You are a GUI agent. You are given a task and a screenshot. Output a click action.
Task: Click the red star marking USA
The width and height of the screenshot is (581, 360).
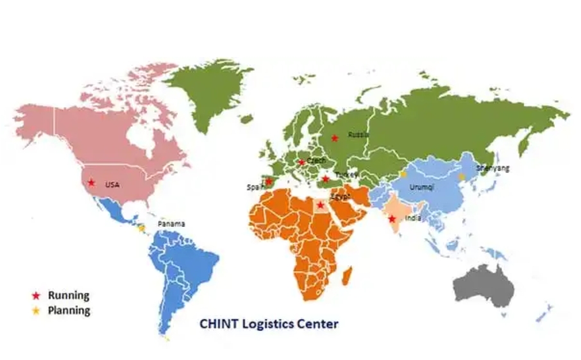pyautogui.click(x=92, y=183)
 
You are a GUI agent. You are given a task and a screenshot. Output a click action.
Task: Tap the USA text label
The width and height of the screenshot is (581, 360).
pyautogui.click(x=112, y=185)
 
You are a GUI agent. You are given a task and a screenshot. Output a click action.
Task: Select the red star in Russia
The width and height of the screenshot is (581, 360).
pyautogui.click(x=335, y=138)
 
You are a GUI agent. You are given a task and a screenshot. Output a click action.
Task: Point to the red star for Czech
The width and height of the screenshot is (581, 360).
pyautogui.click(x=301, y=162)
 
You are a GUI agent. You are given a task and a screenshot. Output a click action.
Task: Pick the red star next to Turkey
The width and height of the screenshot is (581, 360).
pyautogui.click(x=326, y=179)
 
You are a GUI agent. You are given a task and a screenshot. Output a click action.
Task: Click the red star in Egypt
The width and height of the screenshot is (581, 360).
pyautogui.click(x=321, y=205)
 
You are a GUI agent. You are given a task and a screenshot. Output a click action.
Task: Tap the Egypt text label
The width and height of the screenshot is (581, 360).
pyautogui.click(x=340, y=196)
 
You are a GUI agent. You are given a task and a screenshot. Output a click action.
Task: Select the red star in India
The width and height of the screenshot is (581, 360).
pyautogui.click(x=392, y=219)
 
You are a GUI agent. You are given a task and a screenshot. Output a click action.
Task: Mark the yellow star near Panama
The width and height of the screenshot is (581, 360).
pyautogui.click(x=141, y=227)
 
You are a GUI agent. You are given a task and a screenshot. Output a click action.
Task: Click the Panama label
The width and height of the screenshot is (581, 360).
pyautogui.click(x=171, y=224)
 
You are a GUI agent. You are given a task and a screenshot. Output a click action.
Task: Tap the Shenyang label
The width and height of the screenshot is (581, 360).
pyautogui.click(x=493, y=168)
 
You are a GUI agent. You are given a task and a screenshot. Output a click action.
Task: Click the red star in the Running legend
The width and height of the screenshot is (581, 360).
pyautogui.click(x=36, y=296)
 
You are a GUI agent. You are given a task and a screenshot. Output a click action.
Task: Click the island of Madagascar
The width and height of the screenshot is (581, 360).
pyautogui.click(x=347, y=277)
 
